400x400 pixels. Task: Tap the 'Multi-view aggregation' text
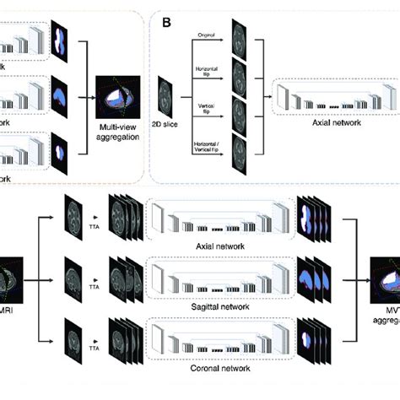click(x=116, y=127)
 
